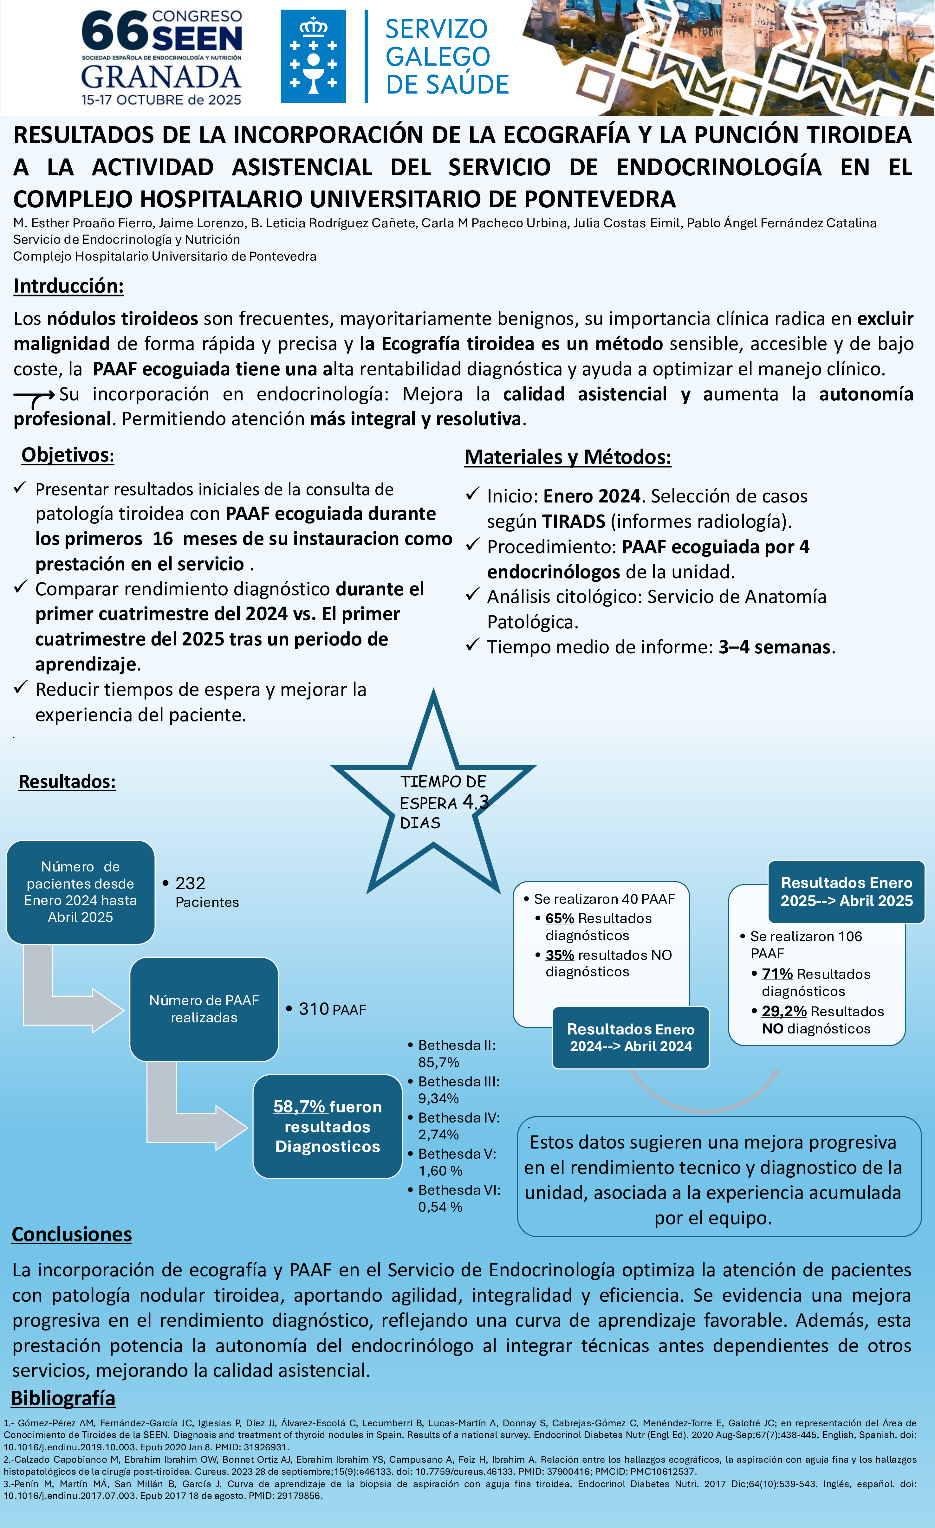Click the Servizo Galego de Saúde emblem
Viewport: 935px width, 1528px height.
[x=313, y=56]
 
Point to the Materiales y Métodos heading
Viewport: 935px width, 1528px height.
[x=567, y=457]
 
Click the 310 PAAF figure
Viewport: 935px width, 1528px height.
[x=314, y=1009]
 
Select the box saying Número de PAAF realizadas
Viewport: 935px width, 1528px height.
[x=204, y=1009]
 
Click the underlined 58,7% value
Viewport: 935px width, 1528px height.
[x=299, y=1106]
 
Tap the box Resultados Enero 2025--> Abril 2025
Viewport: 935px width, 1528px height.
[x=846, y=892]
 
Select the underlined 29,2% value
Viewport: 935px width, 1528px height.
[x=784, y=1012]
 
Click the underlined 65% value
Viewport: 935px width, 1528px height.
[x=559, y=918]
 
